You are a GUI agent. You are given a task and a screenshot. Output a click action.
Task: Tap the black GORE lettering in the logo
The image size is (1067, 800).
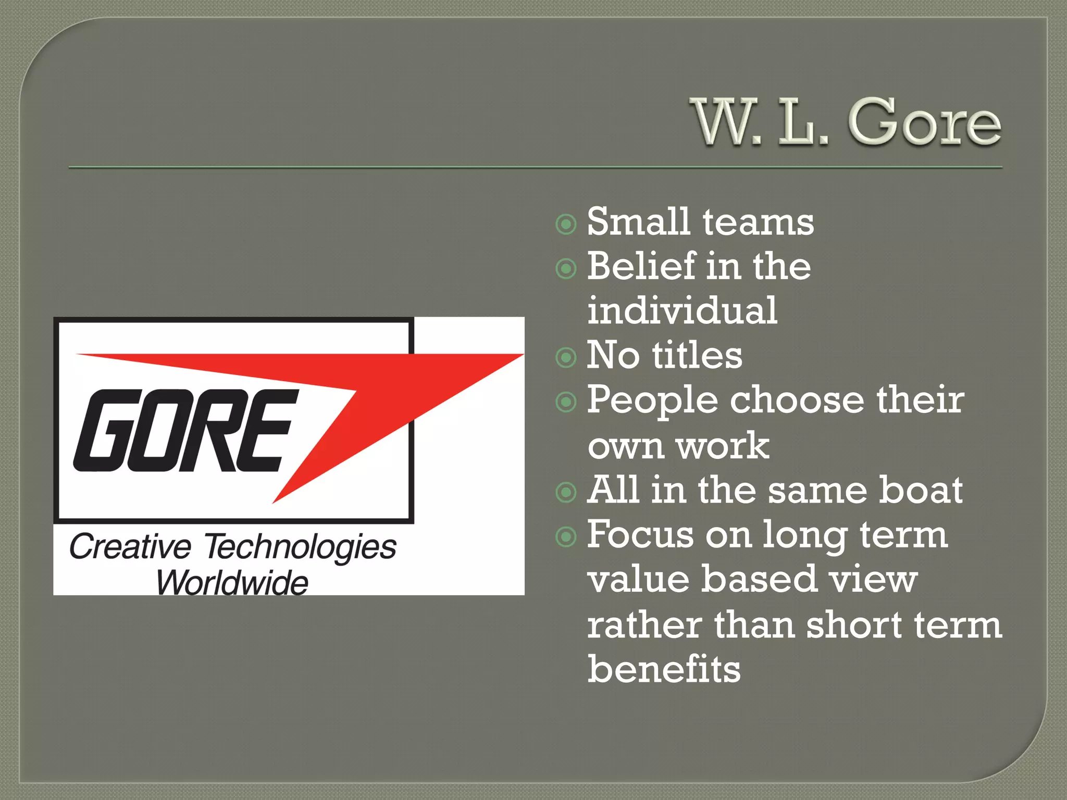pos(182,431)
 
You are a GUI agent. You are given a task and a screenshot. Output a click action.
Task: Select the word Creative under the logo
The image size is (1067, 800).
pos(130,547)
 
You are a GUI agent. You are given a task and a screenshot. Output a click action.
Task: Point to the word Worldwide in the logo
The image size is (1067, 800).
pos(232,582)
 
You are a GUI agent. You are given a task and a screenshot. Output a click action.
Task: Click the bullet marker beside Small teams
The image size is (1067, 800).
pos(566,224)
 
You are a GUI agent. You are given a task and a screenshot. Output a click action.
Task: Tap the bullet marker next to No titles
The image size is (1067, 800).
pos(566,358)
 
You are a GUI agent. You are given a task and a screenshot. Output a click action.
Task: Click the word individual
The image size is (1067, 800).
pos(683,311)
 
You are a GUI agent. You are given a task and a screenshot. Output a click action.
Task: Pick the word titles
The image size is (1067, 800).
pos(697,356)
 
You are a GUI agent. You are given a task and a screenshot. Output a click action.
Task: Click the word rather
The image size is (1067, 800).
pos(644,625)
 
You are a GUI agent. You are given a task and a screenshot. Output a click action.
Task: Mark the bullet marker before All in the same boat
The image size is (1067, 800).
pos(566,492)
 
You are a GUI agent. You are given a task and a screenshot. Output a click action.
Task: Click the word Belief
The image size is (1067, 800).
pos(641,266)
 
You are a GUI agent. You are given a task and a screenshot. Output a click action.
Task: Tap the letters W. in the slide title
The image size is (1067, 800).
pos(727,123)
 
